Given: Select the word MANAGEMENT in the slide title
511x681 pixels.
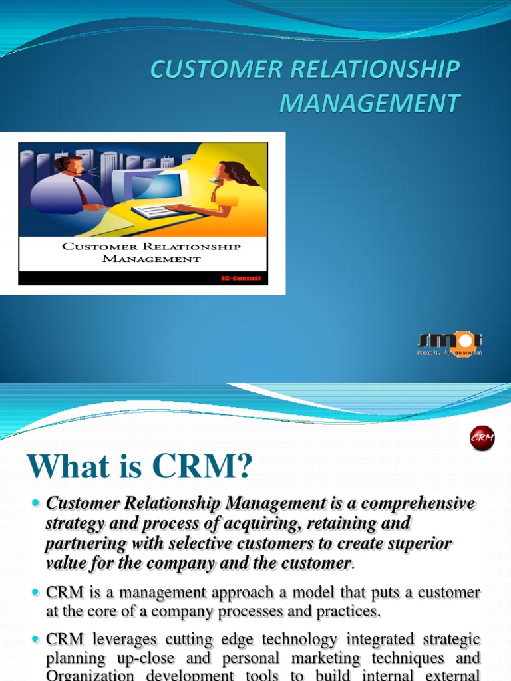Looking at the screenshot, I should [x=369, y=103].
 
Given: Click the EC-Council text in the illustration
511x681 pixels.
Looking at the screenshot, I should [x=242, y=277].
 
